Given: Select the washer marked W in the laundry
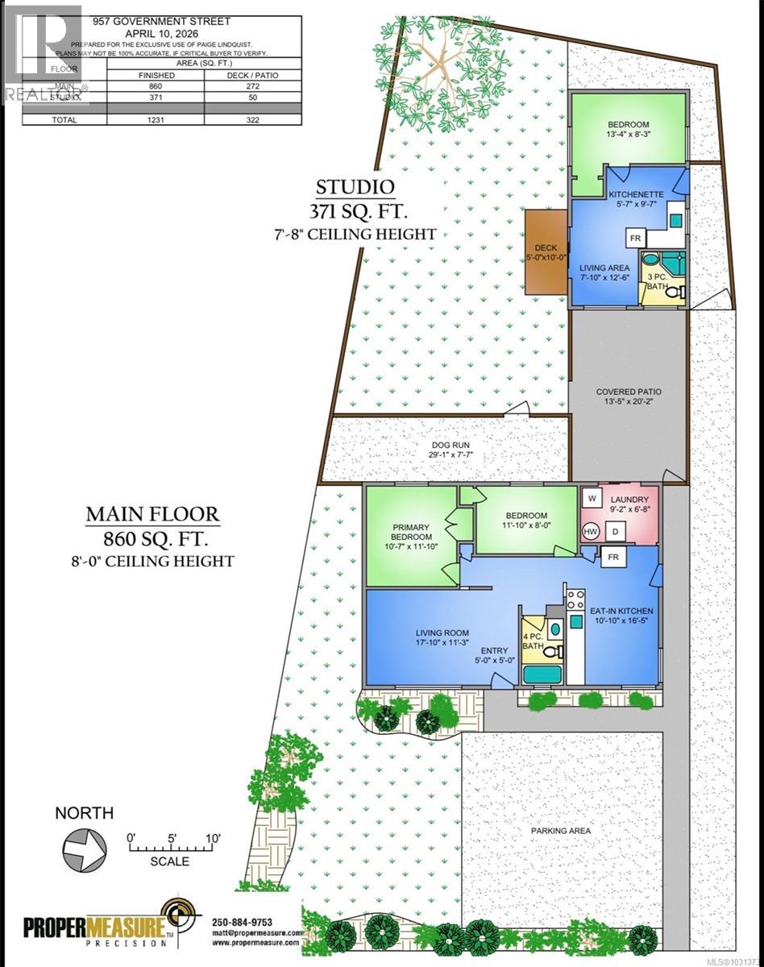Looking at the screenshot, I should (591, 499).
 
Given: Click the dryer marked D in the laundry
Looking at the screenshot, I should (613, 531).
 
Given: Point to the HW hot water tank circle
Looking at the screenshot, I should (591, 531).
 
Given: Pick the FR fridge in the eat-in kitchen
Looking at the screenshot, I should (612, 557).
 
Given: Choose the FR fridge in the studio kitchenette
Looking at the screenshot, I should (636, 239).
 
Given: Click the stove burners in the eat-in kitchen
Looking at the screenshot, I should (575, 600).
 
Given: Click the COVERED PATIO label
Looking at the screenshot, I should (629, 392).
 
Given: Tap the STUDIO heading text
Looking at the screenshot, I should (355, 188).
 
